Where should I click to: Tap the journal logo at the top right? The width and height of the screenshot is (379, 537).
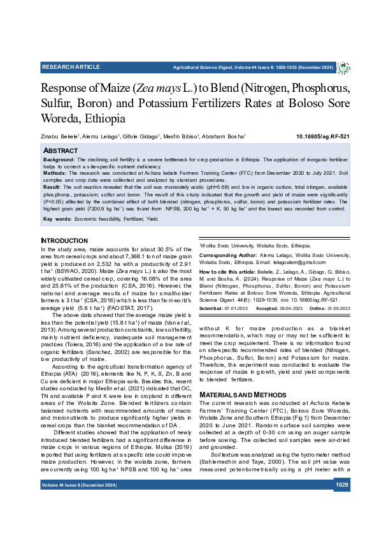[343, 68]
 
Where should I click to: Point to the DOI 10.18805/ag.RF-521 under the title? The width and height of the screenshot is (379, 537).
[323, 136]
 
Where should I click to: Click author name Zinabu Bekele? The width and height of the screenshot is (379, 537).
[61, 136]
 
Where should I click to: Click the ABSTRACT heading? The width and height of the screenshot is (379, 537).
[61, 151]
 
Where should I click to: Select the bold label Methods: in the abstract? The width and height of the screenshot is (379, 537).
[55, 173]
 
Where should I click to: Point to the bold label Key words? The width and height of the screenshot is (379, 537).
[57, 218]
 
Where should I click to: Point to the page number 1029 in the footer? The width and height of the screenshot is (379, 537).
[342, 503]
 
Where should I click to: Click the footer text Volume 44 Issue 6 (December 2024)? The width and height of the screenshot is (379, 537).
[79, 503]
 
